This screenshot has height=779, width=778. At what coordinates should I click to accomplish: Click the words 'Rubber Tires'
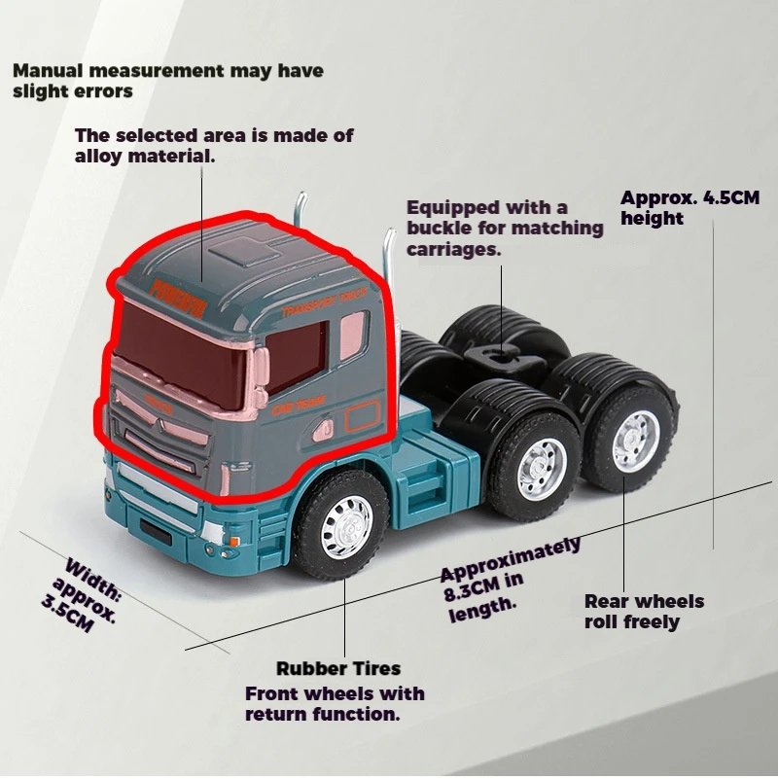click(x=337, y=668)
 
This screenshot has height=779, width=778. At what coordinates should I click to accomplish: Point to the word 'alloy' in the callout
click(x=101, y=156)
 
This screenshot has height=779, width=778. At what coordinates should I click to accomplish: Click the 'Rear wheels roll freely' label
click(x=643, y=612)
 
